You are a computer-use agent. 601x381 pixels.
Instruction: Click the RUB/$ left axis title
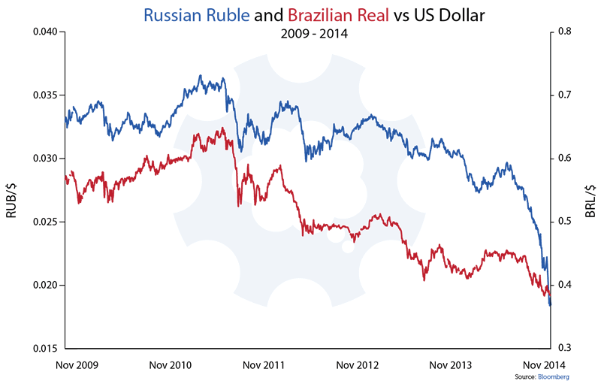pyautogui.click(x=13, y=201)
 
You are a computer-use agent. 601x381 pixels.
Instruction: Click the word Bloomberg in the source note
pyautogui.click(x=552, y=375)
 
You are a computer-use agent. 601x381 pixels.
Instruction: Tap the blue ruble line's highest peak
pyautogui.click(x=201, y=75)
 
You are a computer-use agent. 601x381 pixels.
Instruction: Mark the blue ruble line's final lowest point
pyautogui.click(x=550, y=305)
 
